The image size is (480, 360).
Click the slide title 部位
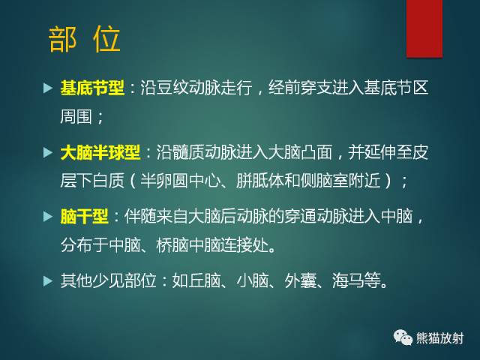coord(84,40)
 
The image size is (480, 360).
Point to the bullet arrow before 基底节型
coord(46,88)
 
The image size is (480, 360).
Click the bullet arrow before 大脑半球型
coord(46,153)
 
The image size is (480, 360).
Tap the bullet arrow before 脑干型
coord(46,217)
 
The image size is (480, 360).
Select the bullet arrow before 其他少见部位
coord(46,283)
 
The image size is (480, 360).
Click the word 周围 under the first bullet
coord(76,118)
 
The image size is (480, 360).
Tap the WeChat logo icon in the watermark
coord(403,337)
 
